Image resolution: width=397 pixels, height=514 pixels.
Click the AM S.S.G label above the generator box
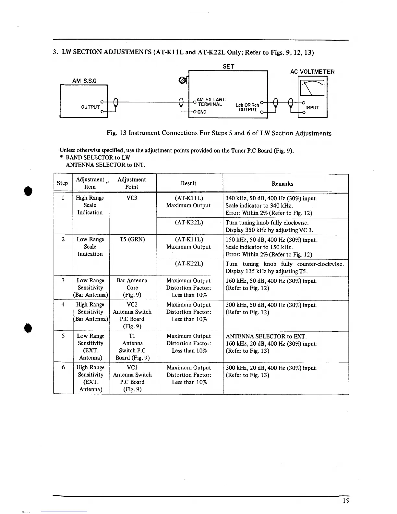pos(84,81)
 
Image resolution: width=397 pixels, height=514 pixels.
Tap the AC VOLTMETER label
pos(312,72)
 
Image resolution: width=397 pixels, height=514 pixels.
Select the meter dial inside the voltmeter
pos(312,88)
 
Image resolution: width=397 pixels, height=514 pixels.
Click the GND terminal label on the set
pos(202,112)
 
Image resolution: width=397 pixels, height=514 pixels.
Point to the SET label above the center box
pos(228,67)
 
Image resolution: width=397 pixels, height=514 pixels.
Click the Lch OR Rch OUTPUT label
pos(247,107)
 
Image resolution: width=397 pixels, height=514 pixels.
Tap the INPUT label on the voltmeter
pos(312,108)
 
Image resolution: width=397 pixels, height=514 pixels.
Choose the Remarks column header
pos(282,184)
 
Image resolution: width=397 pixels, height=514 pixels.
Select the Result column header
pos(188,183)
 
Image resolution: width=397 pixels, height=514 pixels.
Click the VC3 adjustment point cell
pos(132,198)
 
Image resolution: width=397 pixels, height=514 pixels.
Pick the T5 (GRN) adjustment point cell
pos(132,239)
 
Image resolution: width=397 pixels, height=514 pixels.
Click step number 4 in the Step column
pos(63,304)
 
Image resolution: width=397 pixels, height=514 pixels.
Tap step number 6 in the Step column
pos(63,367)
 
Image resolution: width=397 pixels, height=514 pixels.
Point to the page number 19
pos(346,500)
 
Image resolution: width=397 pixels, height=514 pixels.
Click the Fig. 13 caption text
pos(219,133)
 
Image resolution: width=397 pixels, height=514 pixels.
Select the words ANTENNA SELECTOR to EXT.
pos(266,337)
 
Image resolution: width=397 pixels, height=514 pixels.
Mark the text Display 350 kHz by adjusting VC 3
pos(270,230)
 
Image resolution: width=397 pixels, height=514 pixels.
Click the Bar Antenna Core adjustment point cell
pos(132,288)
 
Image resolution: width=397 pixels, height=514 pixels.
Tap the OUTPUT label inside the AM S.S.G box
pos(90,107)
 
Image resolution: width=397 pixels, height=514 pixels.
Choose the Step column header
pos(62,183)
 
